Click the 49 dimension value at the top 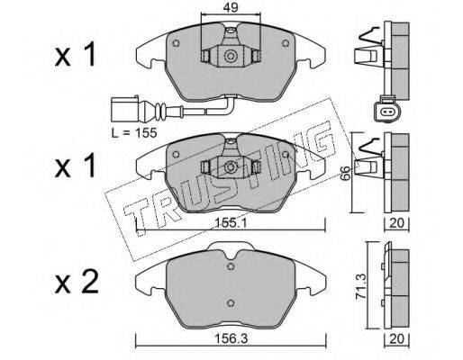click(x=231, y=7)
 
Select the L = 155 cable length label click(x=134, y=132)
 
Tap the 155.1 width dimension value click(x=231, y=223)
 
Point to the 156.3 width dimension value click(x=231, y=339)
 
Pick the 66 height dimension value click(x=346, y=173)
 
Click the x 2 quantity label click(x=77, y=282)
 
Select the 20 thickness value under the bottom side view click(x=396, y=339)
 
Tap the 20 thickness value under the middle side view click(x=396, y=223)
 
